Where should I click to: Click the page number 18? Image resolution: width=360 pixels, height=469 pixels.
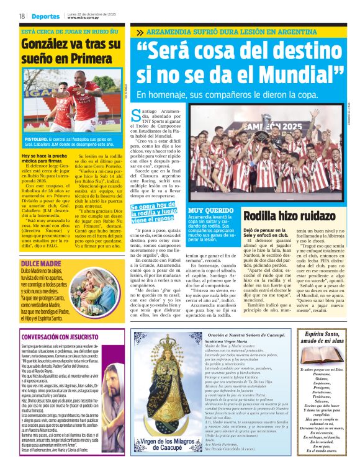point(22,16)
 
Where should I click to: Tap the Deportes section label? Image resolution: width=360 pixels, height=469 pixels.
point(47,16)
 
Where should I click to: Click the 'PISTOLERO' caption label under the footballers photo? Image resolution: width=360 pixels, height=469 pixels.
point(35,140)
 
